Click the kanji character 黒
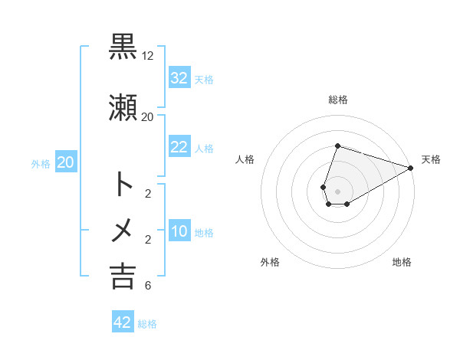coord(123,47)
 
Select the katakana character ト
coord(123,184)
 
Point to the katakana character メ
coord(123,229)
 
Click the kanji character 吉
coord(123,275)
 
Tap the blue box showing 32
coord(179,78)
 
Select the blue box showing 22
coord(179,148)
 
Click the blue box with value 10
coord(179,232)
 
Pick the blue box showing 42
coord(123,322)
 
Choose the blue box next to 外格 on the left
coord(66,162)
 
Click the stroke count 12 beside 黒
coord(148,56)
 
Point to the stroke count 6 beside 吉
coord(147,286)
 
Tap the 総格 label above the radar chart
coord(338,100)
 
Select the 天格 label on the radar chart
coord(431,159)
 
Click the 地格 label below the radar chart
coord(402,262)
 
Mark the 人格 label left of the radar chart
coord(245,159)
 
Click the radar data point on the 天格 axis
coord(411,168)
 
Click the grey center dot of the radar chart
coord(338,191)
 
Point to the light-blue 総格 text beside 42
coord(147,323)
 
